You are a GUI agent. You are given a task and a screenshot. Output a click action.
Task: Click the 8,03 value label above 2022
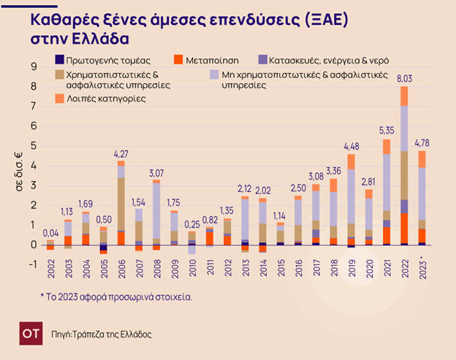tap(404, 79)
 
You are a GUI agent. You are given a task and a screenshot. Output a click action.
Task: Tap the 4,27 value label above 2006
tap(121, 153)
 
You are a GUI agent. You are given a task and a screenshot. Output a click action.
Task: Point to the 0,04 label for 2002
tap(50, 234)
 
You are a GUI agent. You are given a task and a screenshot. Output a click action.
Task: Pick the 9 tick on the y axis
tap(33, 66)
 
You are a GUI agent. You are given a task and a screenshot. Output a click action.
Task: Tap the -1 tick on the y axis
tap(31, 264)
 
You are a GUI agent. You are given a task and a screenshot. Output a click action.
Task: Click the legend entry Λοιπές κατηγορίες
tap(104, 97)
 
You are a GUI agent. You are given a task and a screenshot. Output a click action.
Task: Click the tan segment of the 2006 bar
tap(121, 204)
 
